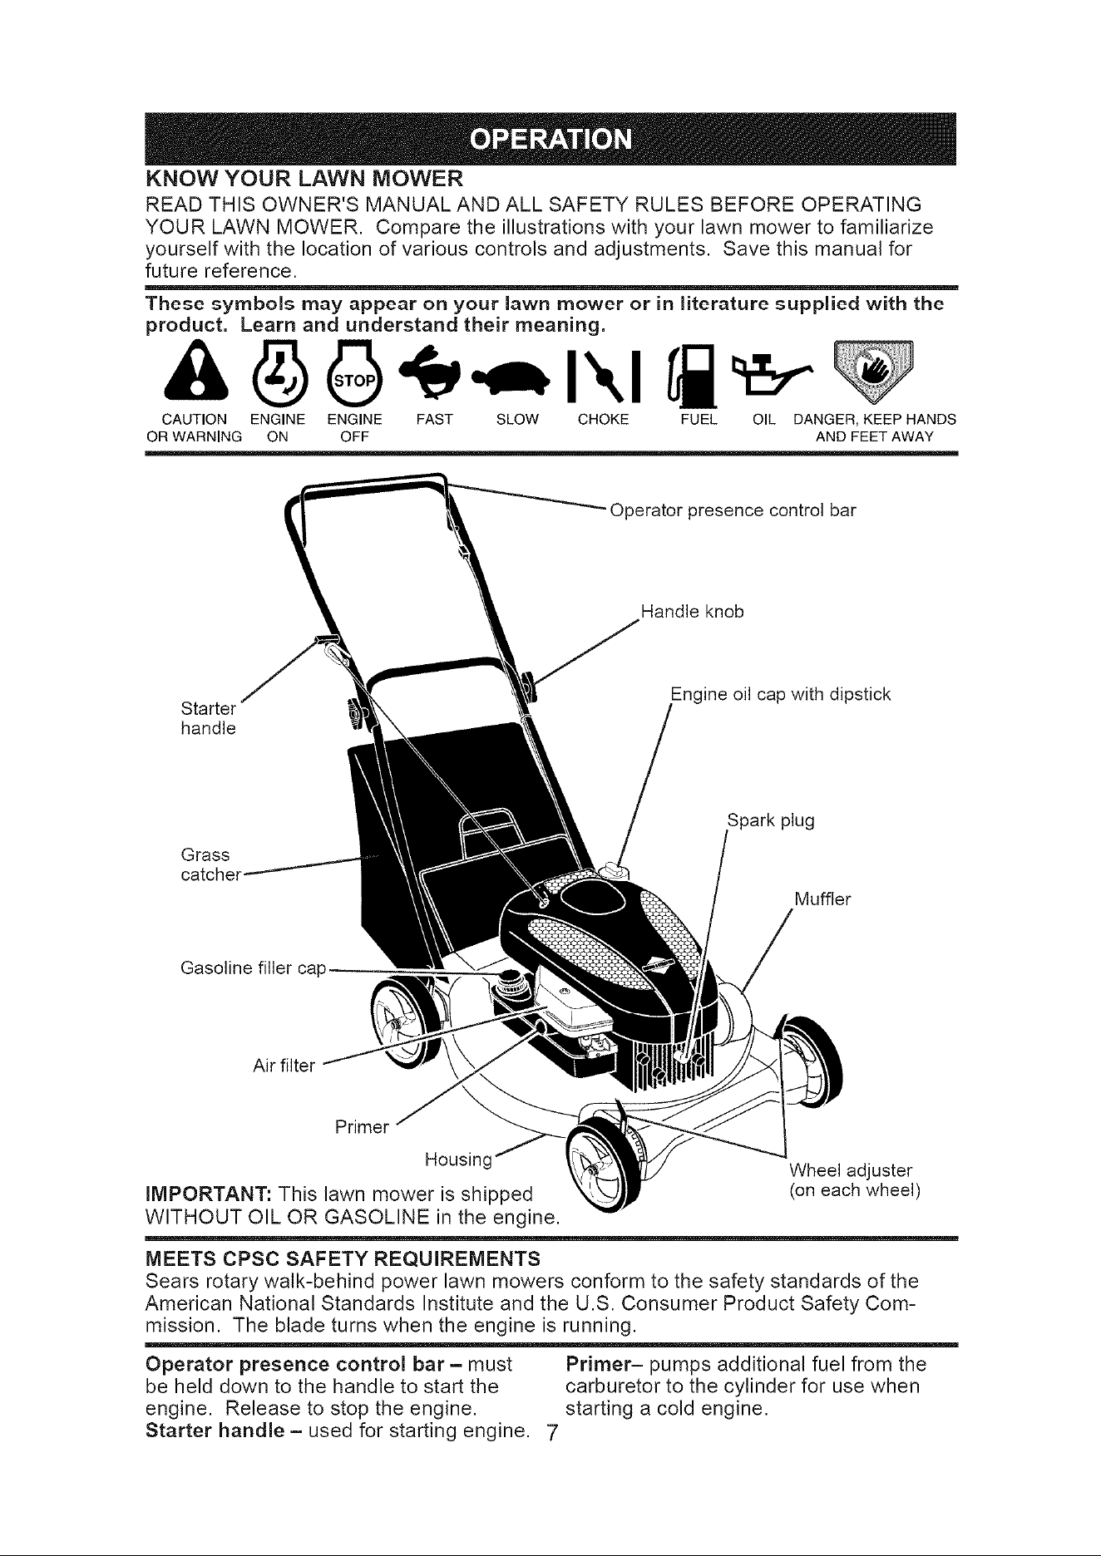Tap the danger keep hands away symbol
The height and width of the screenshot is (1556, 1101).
(x=874, y=369)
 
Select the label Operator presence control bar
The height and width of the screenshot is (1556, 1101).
(x=733, y=510)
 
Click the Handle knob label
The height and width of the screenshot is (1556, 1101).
(x=693, y=613)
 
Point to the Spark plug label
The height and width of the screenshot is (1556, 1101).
(x=771, y=822)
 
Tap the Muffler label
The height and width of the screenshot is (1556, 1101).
(x=823, y=899)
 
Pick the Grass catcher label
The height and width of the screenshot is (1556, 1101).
(x=210, y=864)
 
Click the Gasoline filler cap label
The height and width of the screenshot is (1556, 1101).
(x=253, y=969)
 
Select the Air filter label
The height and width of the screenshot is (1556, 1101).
(x=284, y=1066)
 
